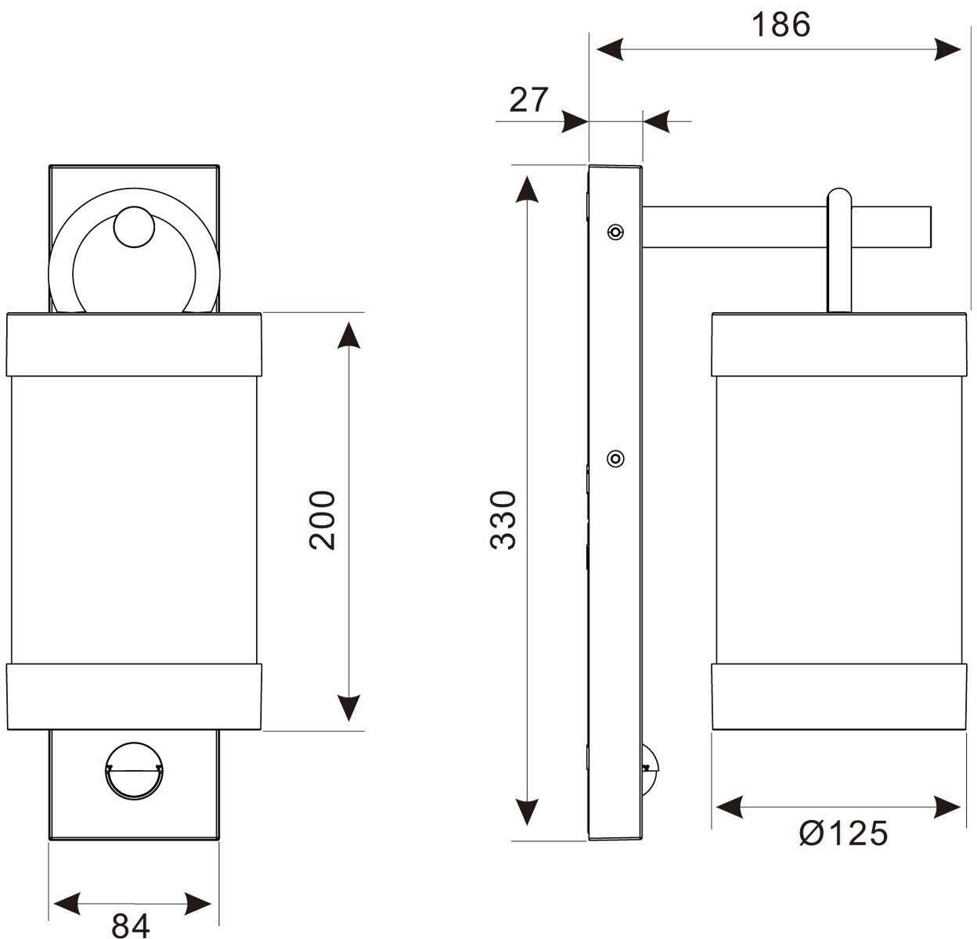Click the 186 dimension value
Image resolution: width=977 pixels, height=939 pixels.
coord(781,25)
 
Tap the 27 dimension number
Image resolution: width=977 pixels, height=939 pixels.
coord(529,100)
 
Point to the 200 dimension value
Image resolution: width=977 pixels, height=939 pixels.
coord(322,520)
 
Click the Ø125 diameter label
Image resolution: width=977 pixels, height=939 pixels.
coord(843,834)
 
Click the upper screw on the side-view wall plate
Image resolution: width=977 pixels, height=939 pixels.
coord(616,232)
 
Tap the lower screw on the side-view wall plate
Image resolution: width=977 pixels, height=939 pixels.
coord(616,459)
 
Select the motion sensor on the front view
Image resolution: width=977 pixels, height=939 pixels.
coord(133,770)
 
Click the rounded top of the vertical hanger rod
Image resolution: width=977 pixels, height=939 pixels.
coord(838,197)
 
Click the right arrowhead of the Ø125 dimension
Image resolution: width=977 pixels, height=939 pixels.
coord(947,807)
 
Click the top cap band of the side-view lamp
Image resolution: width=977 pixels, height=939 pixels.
coord(836,344)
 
